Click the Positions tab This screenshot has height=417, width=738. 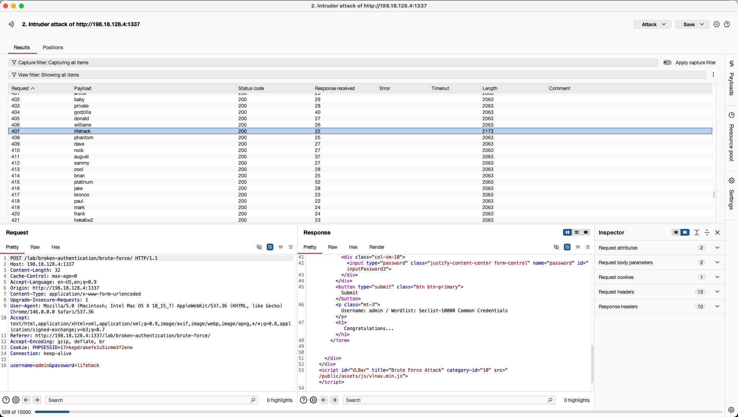[53, 48]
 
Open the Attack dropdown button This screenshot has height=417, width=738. [652, 24]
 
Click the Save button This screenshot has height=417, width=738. [692, 24]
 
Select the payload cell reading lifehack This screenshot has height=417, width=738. [82, 131]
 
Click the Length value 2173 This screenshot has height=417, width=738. [488, 131]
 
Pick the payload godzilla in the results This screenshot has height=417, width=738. [83, 112]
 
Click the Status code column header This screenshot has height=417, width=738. [251, 88]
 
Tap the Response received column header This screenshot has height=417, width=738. [334, 88]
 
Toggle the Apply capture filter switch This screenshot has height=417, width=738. [667, 63]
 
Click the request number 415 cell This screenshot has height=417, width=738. [15, 182]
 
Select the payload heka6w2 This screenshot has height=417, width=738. [83, 220]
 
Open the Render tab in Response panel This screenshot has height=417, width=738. [377, 247]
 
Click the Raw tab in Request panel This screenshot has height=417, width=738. [35, 247]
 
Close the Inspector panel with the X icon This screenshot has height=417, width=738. [717, 233]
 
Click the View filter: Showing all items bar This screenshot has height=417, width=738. [357, 75]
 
